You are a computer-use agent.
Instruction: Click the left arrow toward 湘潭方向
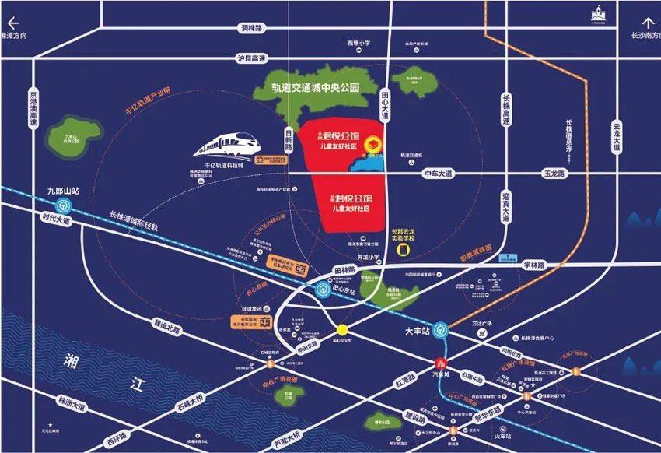[x=12, y=23]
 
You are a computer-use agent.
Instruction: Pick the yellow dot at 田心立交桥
[x=341, y=328]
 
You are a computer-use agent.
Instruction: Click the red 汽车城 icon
[x=441, y=363]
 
